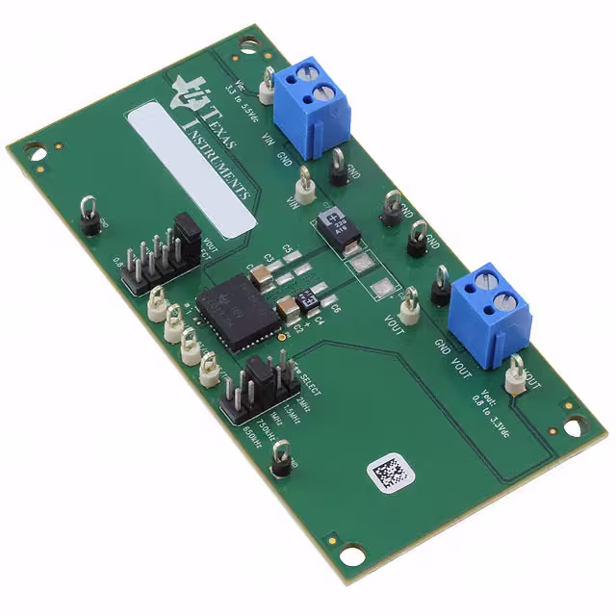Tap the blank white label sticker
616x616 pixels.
[192, 169]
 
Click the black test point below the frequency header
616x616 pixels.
[281, 459]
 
